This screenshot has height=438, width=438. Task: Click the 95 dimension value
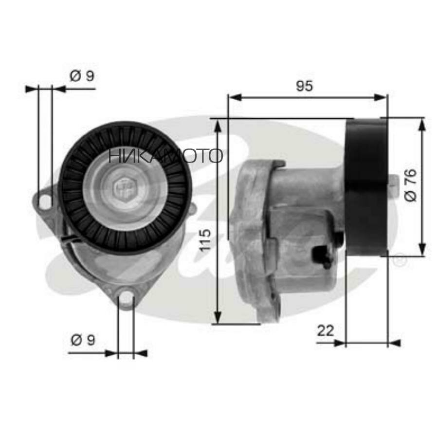[x=305, y=86]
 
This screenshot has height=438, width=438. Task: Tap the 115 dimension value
[x=205, y=240]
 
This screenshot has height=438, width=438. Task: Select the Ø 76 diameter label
[x=411, y=185]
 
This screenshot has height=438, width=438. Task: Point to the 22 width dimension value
[x=326, y=331]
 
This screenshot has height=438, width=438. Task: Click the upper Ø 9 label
[x=82, y=76]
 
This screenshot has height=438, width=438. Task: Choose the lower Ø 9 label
[x=83, y=340]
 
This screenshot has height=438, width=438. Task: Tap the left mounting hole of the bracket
[x=45, y=202]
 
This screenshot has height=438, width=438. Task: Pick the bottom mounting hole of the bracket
[x=126, y=297]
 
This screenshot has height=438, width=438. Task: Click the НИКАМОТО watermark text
[x=165, y=156]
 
